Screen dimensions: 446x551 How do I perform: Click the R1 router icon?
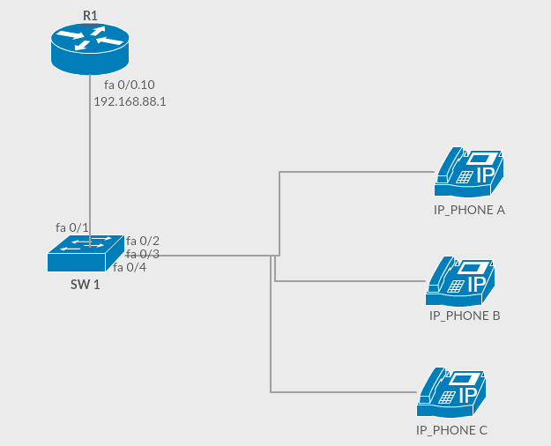(89, 49)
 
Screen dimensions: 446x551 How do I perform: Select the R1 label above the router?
(89, 16)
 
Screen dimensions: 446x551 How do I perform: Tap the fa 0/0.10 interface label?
(130, 85)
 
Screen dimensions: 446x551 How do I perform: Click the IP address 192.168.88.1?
(130, 101)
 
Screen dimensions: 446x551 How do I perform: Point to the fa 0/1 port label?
(72, 227)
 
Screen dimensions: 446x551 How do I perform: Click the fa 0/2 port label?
(143, 241)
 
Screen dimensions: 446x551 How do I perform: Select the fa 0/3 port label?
(143, 254)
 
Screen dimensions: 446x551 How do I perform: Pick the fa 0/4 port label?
(130, 267)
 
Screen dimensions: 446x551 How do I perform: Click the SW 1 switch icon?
(85, 253)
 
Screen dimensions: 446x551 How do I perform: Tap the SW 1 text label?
(85, 285)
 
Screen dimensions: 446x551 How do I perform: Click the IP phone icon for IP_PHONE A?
(469, 173)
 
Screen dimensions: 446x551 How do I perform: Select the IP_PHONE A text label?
(469, 211)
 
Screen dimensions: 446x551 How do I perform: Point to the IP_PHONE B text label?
(465, 315)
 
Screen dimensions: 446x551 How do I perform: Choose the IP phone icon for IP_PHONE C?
(451, 393)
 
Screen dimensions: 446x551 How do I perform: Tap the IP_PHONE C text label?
(451, 430)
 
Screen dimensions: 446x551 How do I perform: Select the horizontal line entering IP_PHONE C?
(344, 391)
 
